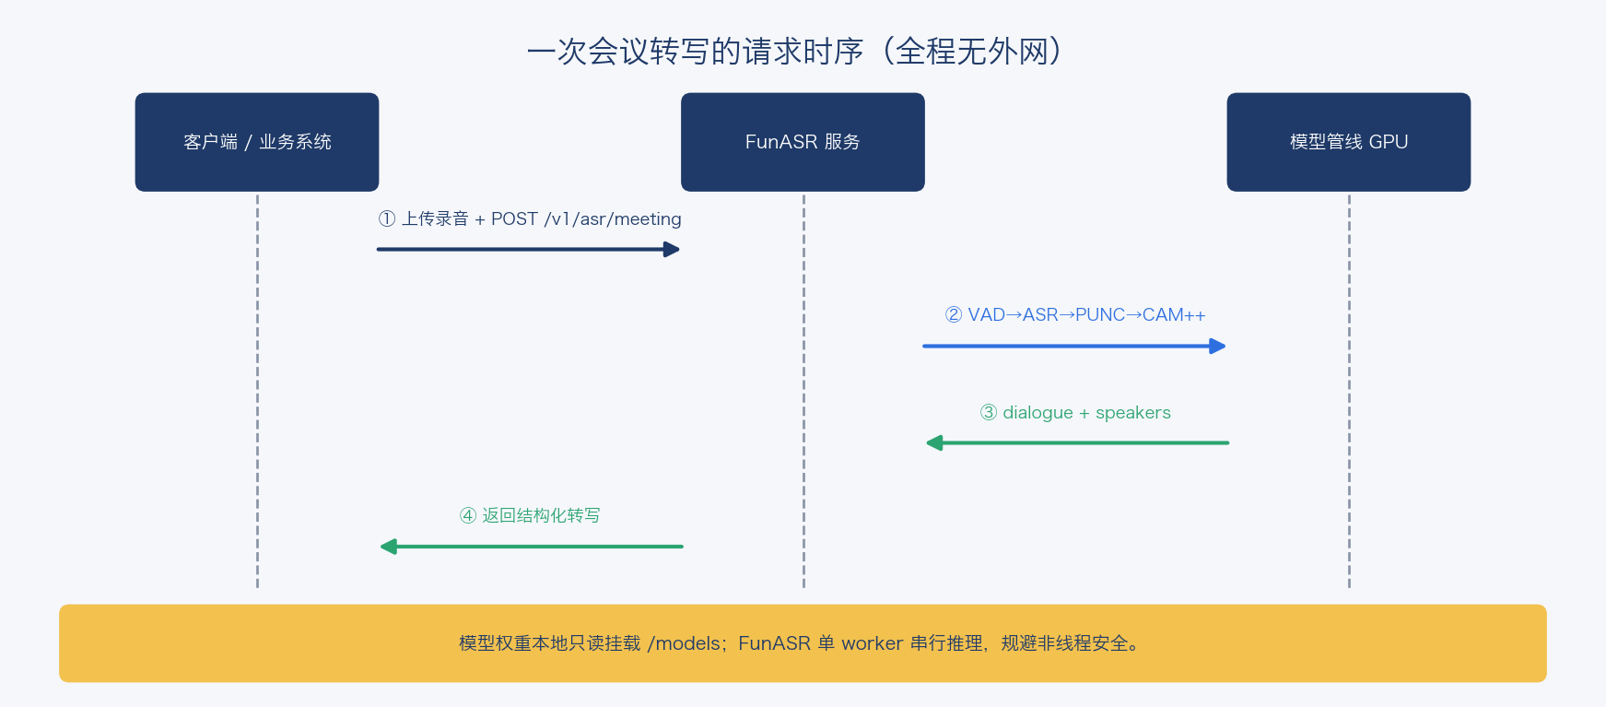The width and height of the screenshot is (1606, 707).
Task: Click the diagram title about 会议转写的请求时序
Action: pos(794,51)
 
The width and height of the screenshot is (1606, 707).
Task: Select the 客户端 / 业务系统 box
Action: pos(257,142)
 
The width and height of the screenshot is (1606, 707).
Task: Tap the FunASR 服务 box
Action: pos(803,142)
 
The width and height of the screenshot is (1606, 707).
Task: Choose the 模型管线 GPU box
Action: pos(1349,142)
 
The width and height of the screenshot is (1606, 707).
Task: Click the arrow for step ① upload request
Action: pos(528,249)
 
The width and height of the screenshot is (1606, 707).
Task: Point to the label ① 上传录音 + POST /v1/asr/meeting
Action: pos(530,218)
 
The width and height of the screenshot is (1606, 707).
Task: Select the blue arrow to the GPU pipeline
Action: pos(1074,346)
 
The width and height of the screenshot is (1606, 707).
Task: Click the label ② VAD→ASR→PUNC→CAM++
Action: pos(1075,315)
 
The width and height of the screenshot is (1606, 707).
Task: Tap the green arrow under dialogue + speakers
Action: pos(1077,443)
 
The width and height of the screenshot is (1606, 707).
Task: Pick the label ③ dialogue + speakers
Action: pos(1075,412)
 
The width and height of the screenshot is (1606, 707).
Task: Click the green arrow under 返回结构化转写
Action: pos(532,547)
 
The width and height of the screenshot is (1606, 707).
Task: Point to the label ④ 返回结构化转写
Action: pos(530,515)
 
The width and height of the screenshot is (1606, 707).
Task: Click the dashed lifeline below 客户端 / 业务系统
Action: pos(257,390)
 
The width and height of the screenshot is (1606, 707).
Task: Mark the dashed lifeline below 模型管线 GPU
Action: pos(1349,390)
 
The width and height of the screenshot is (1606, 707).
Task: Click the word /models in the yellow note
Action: pos(684,643)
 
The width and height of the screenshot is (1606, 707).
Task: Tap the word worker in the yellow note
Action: pos(872,643)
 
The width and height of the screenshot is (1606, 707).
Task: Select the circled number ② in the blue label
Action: pos(954,315)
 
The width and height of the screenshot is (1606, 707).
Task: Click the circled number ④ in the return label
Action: pos(468,515)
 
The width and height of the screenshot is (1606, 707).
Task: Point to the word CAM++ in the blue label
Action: pos(1174,315)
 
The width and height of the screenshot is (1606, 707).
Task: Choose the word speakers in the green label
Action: pos(1133,413)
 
